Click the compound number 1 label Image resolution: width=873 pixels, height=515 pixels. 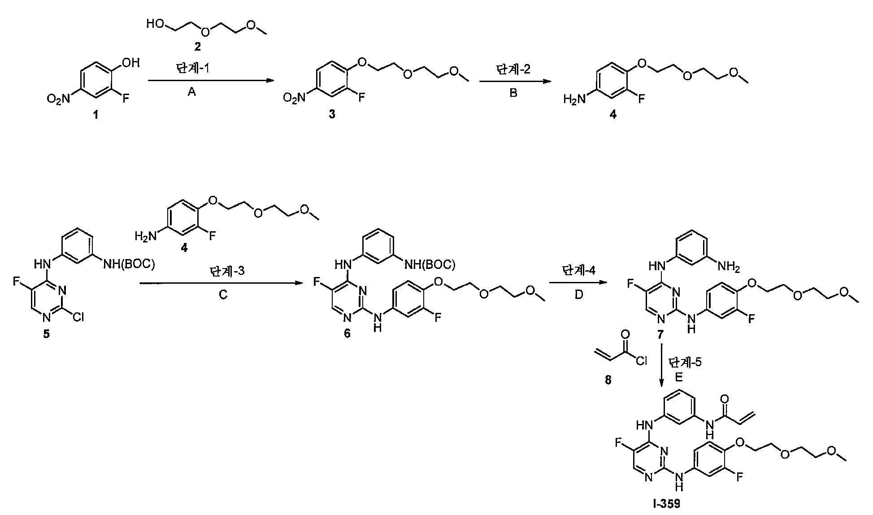[x=95, y=115]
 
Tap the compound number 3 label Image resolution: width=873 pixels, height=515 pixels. [x=332, y=115]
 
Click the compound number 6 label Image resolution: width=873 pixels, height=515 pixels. [x=347, y=334]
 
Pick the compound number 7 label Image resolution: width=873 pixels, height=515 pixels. [x=660, y=334]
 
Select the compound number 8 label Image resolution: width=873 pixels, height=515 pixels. [x=608, y=381]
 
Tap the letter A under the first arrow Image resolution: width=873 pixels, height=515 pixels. [x=192, y=92]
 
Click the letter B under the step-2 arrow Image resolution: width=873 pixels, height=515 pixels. [x=514, y=92]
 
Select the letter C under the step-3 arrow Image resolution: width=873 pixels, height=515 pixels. [x=223, y=294]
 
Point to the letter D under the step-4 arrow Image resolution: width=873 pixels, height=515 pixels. [x=578, y=294]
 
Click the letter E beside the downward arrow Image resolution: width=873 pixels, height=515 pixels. [x=679, y=377]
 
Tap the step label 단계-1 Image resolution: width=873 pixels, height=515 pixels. [x=192, y=69]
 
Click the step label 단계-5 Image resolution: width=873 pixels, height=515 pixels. [x=685, y=362]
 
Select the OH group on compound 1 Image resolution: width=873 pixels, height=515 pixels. [x=130, y=62]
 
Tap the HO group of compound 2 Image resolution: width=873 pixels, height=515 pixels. [x=155, y=24]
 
